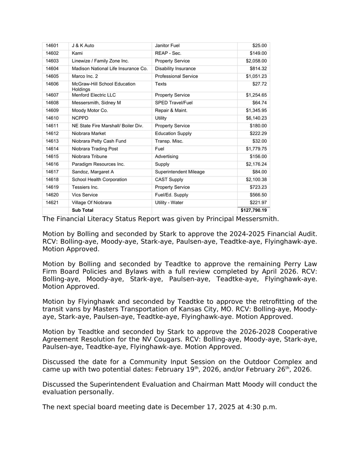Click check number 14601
pos(52,46)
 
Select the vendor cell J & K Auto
pos(83,46)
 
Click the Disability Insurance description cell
pos(175,69)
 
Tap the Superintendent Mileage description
pos(180,172)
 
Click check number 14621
pos(52,203)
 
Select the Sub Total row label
pos(82,211)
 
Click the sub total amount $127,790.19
pos(254,211)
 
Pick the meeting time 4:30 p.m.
pos(260,407)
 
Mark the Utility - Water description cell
pos(171,203)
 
